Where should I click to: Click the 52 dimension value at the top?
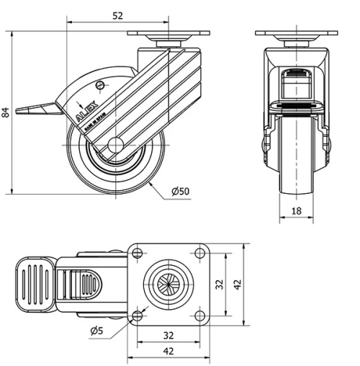click(x=117, y=15)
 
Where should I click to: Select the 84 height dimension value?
click(x=6, y=113)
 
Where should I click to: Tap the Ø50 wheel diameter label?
click(x=180, y=191)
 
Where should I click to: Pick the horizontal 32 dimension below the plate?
click(x=168, y=335)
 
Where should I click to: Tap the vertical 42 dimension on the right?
click(x=238, y=284)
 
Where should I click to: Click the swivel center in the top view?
click(x=168, y=284)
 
